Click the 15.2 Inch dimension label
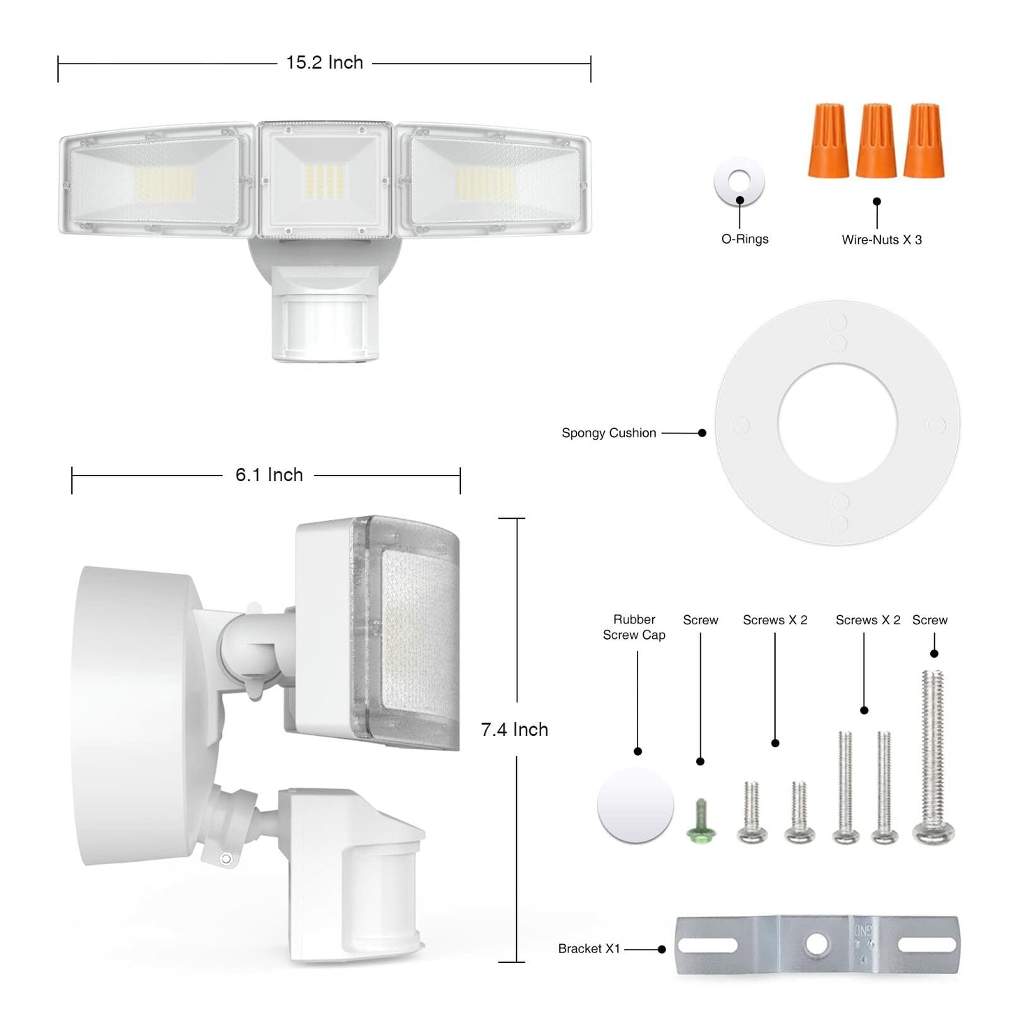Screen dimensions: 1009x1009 324,63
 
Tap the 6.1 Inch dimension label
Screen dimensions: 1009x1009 269,476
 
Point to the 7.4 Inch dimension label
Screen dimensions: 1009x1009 515,730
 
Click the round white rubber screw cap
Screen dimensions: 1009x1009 635,806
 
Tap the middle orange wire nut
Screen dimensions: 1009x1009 876,142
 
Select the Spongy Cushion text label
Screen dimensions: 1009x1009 609,433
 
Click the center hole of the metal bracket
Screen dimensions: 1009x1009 816,945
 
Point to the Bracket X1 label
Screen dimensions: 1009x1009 589,949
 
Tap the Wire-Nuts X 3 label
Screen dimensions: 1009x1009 881,240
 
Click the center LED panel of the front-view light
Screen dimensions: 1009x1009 325,180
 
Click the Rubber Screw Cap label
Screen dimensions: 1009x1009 634,627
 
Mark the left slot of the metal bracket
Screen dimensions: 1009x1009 707,945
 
